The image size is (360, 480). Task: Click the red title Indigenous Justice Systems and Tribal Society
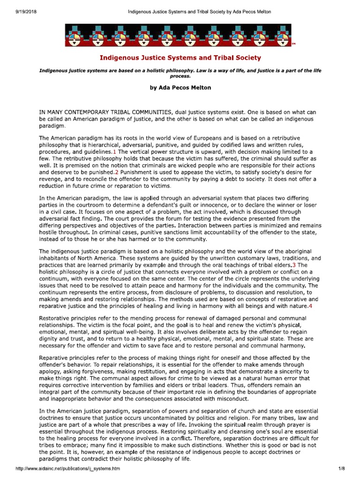coord(180,58)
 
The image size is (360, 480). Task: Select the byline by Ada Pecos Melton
coord(180,88)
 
